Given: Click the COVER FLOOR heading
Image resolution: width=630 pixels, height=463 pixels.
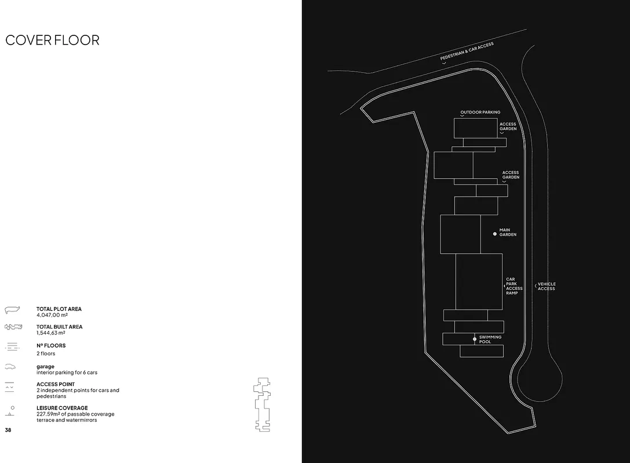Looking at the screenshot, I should coord(52,40).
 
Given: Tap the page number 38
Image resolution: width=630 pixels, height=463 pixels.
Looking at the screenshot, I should coord(8,430).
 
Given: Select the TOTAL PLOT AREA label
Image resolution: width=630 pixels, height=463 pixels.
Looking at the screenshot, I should coord(59,309).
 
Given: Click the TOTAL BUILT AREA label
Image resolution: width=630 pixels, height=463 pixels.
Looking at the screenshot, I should coord(59,327).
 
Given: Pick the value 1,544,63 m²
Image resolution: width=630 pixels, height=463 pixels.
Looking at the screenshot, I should coord(51,333).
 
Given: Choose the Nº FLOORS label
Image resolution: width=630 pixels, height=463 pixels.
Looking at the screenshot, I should coord(51,346).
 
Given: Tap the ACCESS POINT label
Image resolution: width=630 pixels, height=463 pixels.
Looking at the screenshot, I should coord(56,384).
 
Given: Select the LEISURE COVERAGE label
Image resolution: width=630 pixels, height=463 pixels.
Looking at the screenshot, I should coord(62,408).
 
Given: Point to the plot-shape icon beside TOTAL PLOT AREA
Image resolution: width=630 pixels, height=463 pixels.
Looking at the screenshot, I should coord(12,310).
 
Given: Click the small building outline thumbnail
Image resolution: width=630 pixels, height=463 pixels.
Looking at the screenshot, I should coord(262,404).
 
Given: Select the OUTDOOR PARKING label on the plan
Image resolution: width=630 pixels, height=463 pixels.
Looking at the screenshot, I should coord(480,112).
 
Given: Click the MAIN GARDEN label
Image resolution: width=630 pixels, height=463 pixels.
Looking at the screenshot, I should coord(508,232).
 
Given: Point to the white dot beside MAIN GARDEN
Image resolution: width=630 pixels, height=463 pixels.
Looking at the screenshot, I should coord(495,234).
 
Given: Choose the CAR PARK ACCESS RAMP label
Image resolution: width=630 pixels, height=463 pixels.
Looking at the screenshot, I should coord(514,286).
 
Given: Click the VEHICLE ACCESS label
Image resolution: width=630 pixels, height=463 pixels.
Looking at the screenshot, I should coord(547,286).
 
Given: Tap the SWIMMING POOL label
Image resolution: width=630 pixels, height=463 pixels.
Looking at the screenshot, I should coord(490,339).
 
